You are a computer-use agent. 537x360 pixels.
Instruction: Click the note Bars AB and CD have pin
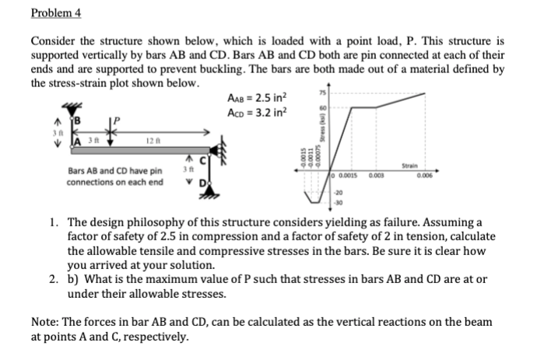point(114,170)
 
